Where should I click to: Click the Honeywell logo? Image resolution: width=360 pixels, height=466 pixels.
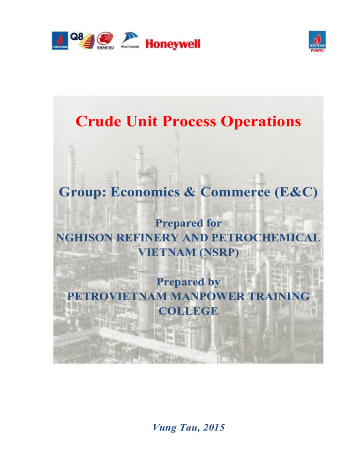[173, 44]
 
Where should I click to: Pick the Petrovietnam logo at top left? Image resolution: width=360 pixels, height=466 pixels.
[60, 41]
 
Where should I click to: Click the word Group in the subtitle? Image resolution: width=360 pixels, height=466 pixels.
[82, 193]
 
